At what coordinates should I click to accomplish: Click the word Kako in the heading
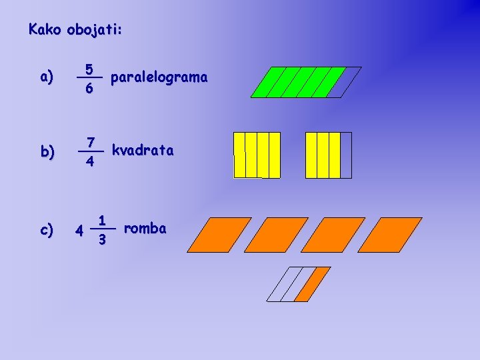click(x=45, y=29)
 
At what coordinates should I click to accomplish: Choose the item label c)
click(x=47, y=230)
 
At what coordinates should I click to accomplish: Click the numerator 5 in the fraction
click(x=89, y=69)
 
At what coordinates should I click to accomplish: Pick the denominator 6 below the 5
click(x=89, y=88)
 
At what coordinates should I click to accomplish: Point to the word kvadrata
click(x=143, y=151)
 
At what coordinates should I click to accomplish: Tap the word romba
click(x=145, y=229)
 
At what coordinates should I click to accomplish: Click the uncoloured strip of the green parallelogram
click(x=345, y=82)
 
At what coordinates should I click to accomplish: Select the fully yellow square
click(x=257, y=155)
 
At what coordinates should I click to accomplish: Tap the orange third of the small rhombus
click(x=313, y=284)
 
